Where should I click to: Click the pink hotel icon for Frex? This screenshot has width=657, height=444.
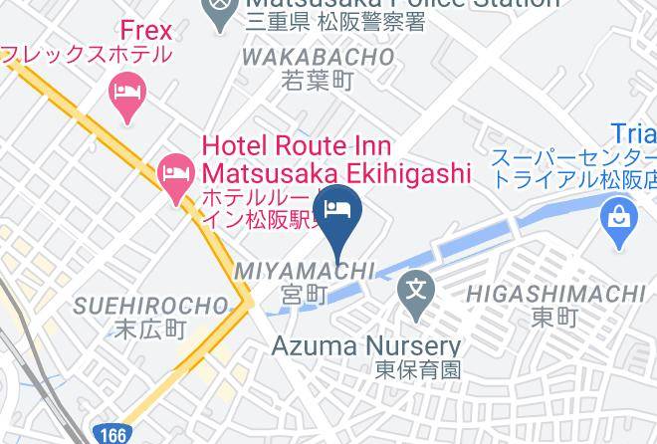tap(125, 96)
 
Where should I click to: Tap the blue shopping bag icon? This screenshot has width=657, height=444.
tap(619, 213)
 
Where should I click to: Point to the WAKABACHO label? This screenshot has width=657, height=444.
tap(318, 58)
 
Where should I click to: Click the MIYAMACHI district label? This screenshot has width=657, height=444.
tap(305, 271)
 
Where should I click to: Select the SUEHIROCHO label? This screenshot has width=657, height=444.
tap(150, 305)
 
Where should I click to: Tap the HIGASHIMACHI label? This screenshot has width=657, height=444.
tap(554, 293)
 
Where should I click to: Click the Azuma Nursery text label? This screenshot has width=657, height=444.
tap(367, 346)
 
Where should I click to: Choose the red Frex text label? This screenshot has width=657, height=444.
tap(145, 31)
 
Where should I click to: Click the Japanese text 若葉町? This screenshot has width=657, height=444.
tap(318, 82)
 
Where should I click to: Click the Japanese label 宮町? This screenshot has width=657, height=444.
tap(305, 294)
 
